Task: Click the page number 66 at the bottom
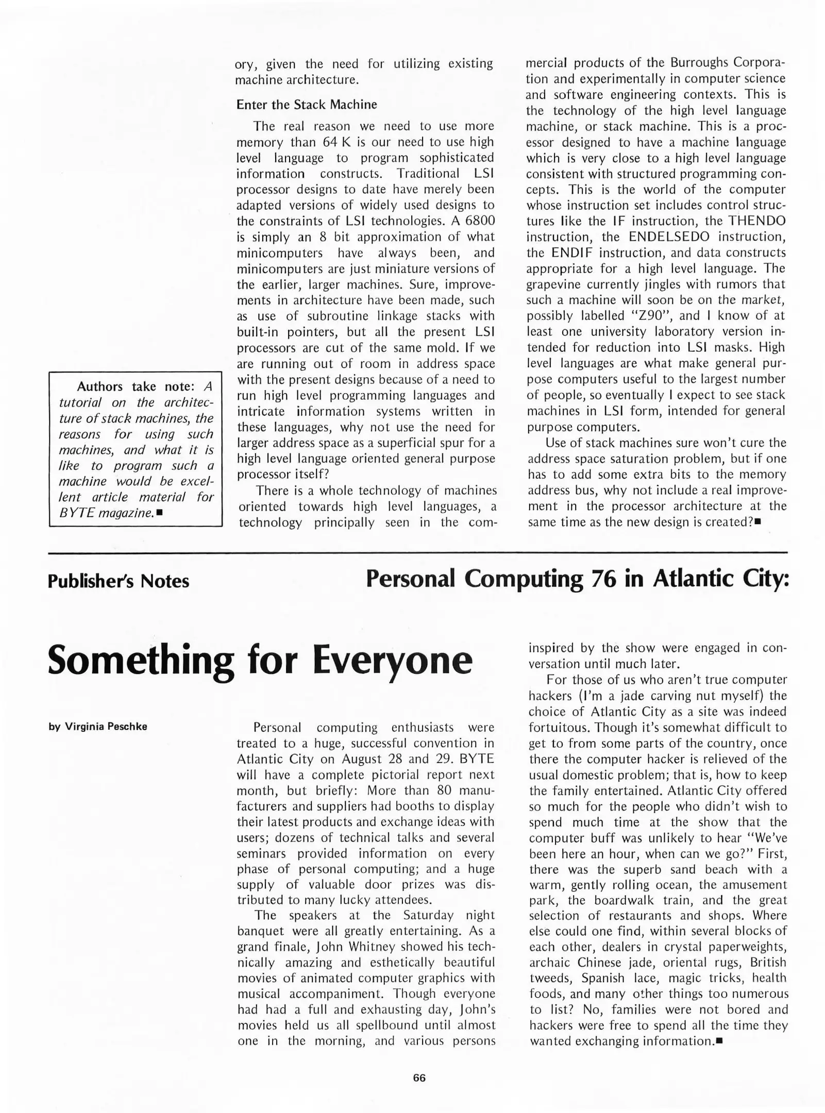(x=419, y=1078)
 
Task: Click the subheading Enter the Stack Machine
(x=307, y=105)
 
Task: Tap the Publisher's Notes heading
(x=119, y=581)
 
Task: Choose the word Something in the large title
(x=141, y=661)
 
